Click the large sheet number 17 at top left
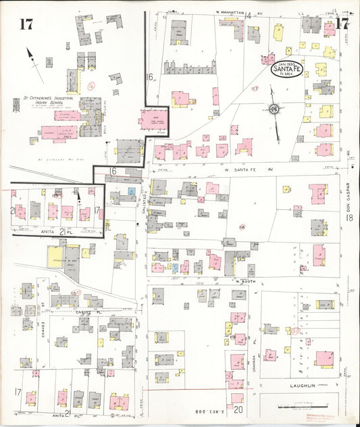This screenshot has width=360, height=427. pyautogui.click(x=26, y=25)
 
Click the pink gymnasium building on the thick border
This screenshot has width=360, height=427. pyautogui.click(x=154, y=120)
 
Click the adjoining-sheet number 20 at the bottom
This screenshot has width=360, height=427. pyautogui.click(x=238, y=409)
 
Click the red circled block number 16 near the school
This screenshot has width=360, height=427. pyautogui.click(x=91, y=86)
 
